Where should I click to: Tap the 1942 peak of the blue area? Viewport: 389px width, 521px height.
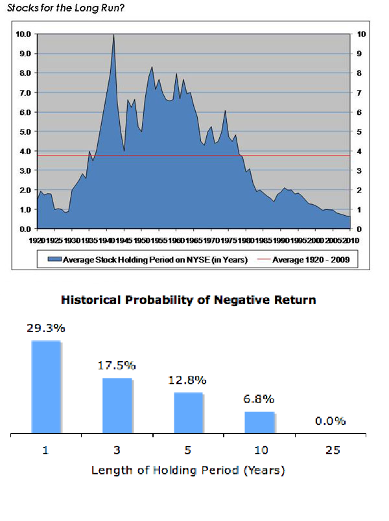click(113, 36)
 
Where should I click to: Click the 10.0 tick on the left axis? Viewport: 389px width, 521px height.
click(23, 34)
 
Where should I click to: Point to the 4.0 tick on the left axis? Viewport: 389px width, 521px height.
click(25, 151)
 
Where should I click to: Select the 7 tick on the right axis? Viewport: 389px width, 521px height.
click(360, 93)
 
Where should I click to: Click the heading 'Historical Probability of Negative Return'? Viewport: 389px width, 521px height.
click(189, 300)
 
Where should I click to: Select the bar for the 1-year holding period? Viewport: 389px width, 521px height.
click(45, 386)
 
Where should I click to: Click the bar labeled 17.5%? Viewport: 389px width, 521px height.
click(117, 405)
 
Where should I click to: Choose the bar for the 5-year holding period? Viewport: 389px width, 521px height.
click(188, 412)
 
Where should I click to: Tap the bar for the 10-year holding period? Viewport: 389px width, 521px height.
click(259, 422)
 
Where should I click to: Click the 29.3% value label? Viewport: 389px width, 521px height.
click(45, 328)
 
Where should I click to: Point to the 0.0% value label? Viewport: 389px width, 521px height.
click(330, 421)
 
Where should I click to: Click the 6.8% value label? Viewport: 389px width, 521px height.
click(259, 399)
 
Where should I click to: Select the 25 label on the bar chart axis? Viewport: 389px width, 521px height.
click(332, 451)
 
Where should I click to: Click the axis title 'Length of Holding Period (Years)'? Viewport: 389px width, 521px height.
click(188, 470)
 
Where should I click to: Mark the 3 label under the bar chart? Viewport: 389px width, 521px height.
click(117, 451)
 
